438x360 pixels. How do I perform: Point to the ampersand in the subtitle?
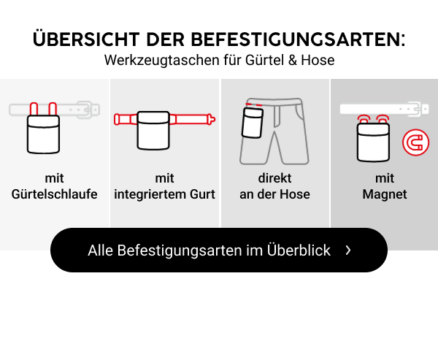tap(293, 60)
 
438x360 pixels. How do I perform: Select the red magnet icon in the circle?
tap(415, 142)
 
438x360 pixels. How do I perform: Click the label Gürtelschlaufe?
tap(55, 194)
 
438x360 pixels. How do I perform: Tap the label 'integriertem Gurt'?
tap(164, 194)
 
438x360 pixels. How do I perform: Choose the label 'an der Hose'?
tap(274, 194)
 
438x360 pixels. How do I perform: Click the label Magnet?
tap(385, 194)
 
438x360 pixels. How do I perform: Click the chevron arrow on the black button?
tap(348, 250)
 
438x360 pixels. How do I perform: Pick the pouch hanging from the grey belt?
tap(43, 134)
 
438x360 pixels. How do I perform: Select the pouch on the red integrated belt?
tap(153, 130)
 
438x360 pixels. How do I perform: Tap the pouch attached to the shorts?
tap(253, 123)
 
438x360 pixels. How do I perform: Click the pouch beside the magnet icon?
tap(373, 142)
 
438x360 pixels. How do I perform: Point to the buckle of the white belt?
tap(417, 109)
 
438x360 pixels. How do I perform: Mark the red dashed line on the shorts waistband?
tap(253, 105)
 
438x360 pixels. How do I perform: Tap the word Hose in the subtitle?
tap(318, 60)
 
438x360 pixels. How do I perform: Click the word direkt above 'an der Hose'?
tap(274, 178)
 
